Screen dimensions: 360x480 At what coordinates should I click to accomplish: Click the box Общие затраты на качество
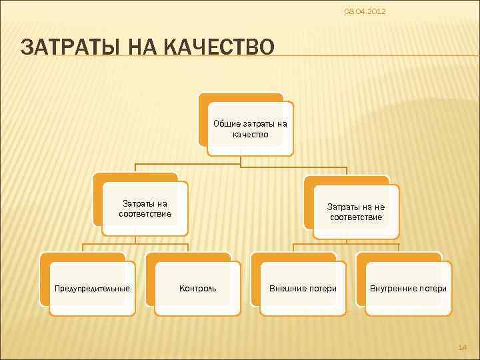click(250, 129)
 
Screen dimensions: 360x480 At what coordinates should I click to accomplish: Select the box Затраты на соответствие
click(145, 209)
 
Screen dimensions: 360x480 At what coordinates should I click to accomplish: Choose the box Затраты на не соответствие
click(356, 212)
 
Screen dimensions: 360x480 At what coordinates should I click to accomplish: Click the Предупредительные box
click(92, 289)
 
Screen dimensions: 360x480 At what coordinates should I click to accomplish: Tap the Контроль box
click(197, 289)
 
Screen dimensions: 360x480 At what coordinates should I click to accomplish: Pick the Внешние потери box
click(303, 289)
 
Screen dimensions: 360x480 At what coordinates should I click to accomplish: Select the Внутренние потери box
click(408, 289)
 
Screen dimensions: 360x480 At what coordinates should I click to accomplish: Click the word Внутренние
click(393, 289)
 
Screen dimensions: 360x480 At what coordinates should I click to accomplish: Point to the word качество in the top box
click(250, 134)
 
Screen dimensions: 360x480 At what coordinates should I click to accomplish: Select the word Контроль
click(197, 289)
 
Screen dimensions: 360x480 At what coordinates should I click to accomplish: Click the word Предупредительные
click(92, 289)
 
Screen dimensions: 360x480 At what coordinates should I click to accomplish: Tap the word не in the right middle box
click(379, 207)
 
